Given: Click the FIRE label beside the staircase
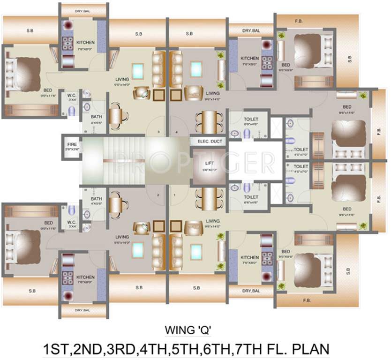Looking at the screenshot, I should click(72, 145).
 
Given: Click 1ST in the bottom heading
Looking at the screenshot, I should click(55, 349).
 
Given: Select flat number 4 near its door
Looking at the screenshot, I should click(176, 132).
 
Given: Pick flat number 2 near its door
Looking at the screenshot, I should click(158, 194).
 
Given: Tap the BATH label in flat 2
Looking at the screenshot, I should click(97, 199).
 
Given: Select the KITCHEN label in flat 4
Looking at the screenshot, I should click(250, 59).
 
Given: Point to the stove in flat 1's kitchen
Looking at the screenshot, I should click(267, 258).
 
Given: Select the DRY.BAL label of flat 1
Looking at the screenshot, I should click(251, 291).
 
